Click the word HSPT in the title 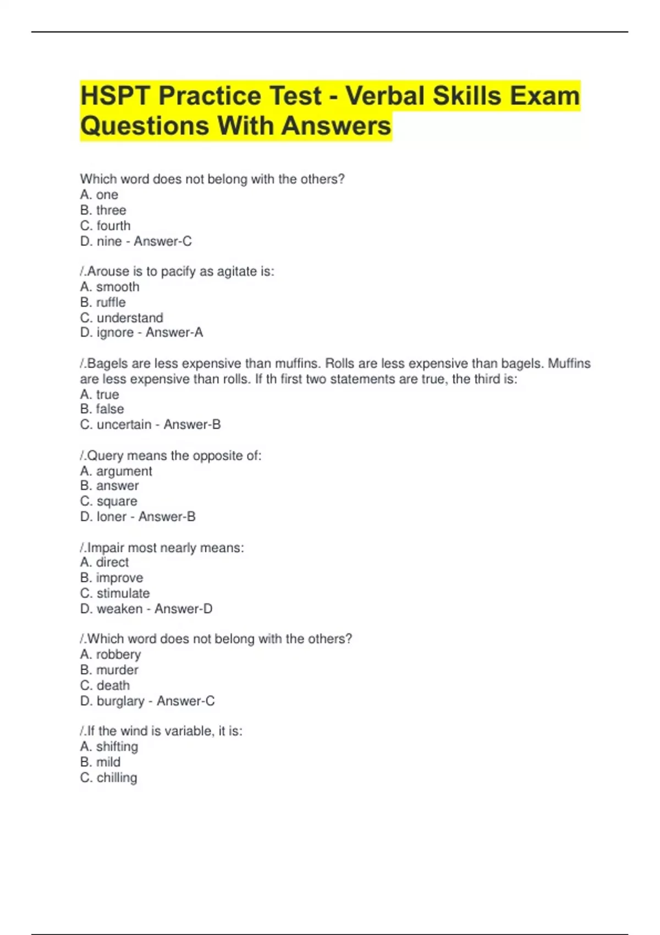(115, 96)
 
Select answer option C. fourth (106, 226)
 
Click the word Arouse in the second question (108, 271)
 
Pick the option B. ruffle (103, 302)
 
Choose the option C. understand (122, 318)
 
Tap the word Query (105, 456)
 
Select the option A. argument (116, 471)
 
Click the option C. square (109, 502)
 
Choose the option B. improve (112, 578)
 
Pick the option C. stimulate (115, 593)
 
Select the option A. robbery (111, 654)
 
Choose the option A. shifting (109, 747)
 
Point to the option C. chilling (109, 778)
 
